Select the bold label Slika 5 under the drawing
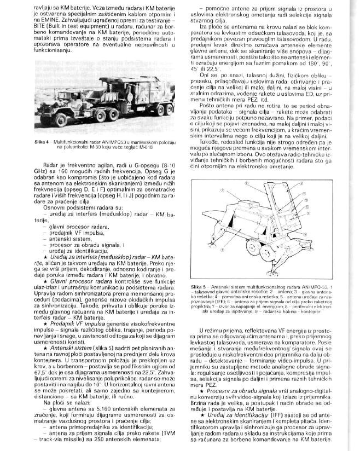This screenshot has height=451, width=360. (201, 286)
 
